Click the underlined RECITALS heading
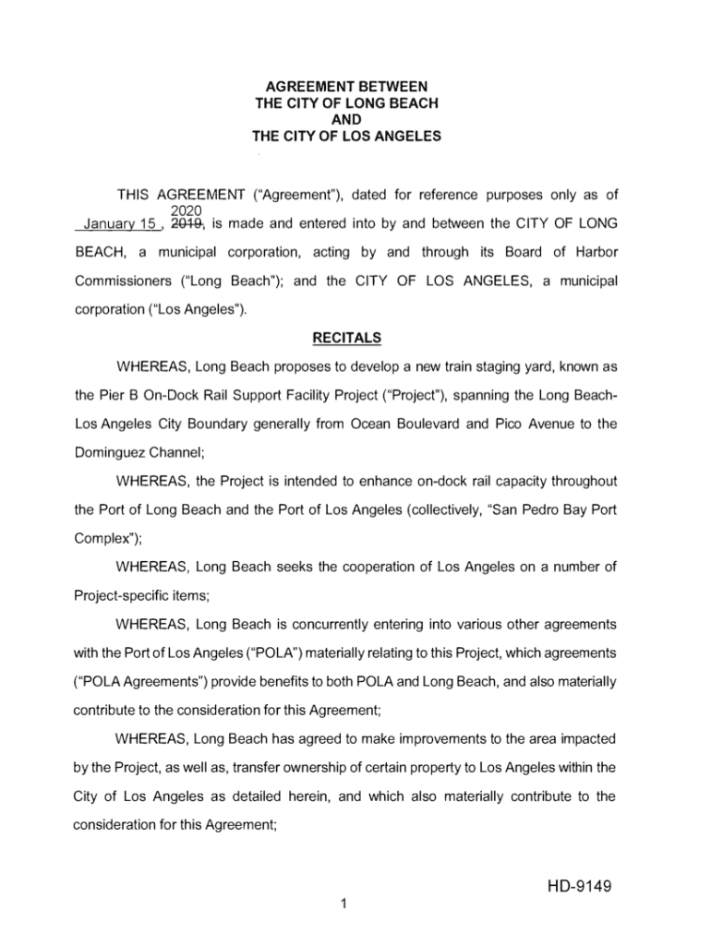tap(347, 338)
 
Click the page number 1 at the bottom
tap(343, 903)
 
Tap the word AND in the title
tap(346, 120)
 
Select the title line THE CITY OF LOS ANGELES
tap(346, 138)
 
